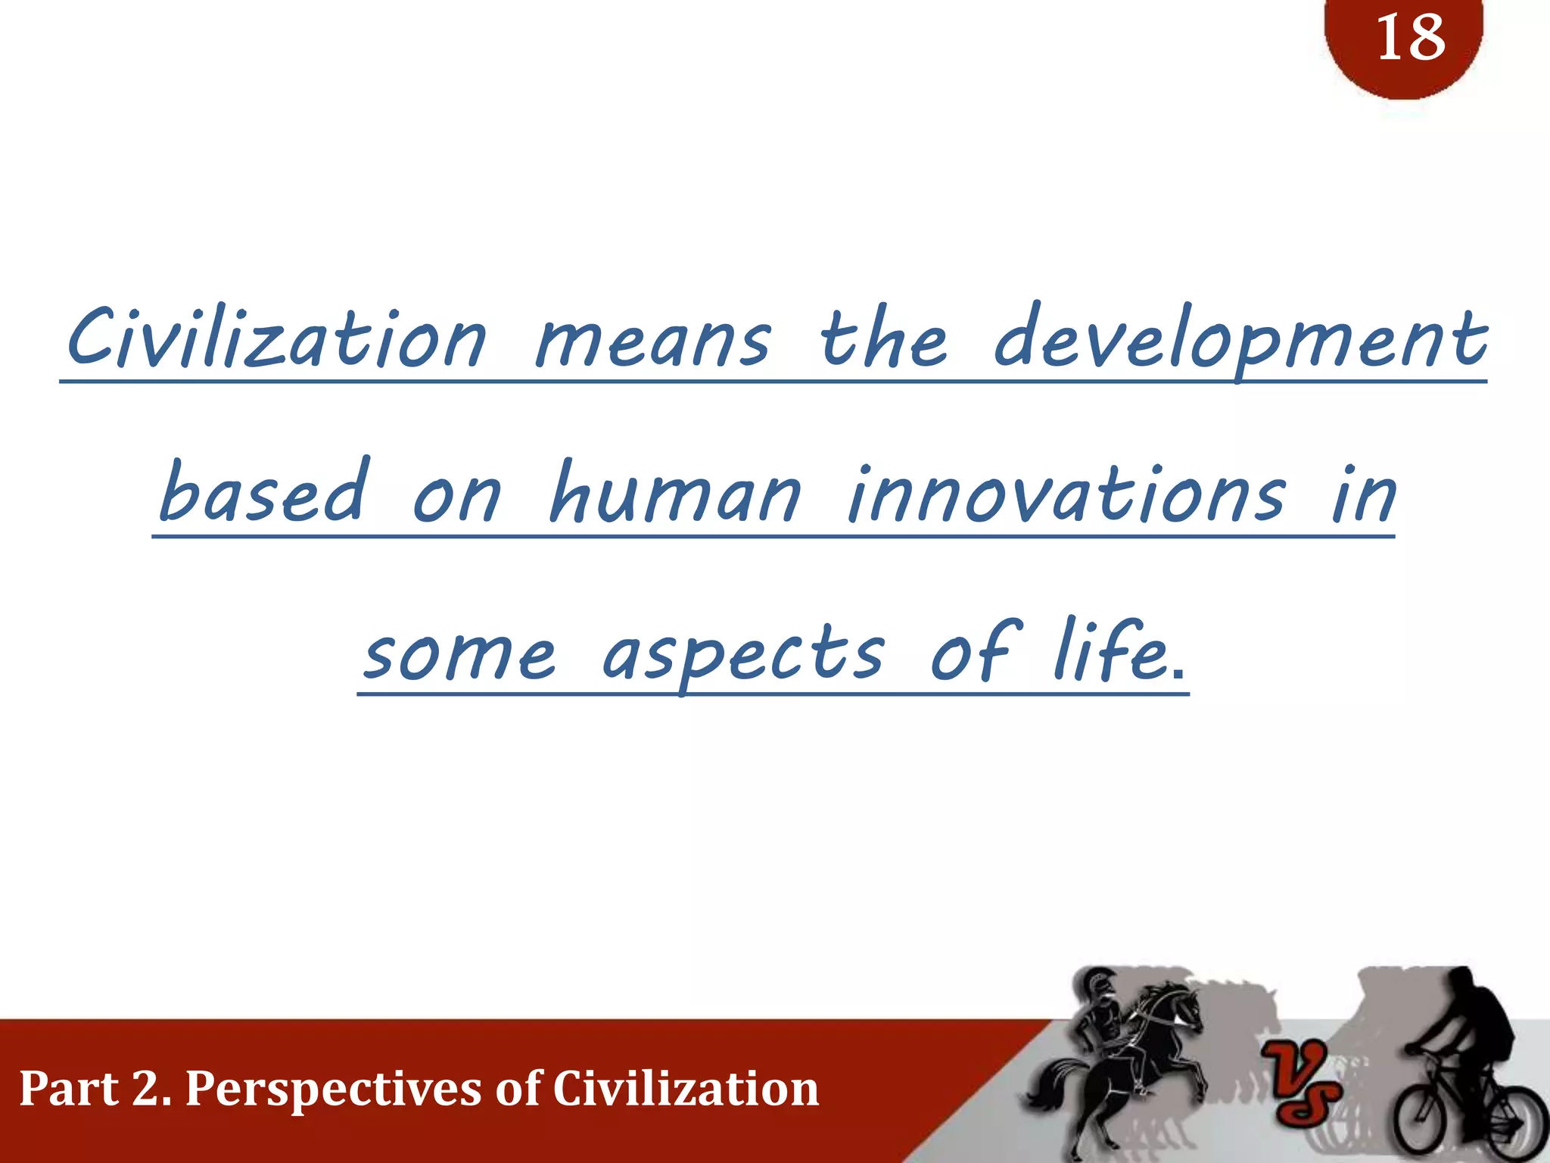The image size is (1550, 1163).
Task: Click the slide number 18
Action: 1410,38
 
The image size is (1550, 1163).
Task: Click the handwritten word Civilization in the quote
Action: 276,338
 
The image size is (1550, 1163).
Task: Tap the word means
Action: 652,341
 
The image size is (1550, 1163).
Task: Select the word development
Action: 1240,341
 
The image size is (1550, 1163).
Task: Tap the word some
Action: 459,653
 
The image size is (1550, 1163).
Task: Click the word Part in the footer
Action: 68,1089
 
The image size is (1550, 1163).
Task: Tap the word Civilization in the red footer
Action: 686,1089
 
